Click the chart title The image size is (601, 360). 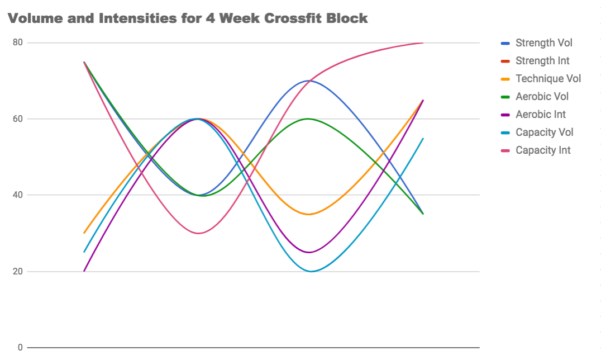[x=188, y=18]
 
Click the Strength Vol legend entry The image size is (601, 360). [x=543, y=43]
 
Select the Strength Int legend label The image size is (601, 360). [x=542, y=61]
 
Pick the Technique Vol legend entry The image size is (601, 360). [x=548, y=79]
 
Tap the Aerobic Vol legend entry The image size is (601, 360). [x=542, y=97]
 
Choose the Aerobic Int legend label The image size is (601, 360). [x=540, y=115]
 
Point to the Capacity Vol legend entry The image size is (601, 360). [x=544, y=132]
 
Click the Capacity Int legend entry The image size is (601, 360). [x=543, y=150]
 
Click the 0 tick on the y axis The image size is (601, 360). [x=20, y=348]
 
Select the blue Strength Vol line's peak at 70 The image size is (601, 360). [x=309, y=80]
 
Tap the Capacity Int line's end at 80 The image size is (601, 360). [x=423, y=43]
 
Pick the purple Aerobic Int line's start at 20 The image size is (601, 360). [x=84, y=271]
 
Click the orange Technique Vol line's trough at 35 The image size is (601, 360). [x=309, y=214]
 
